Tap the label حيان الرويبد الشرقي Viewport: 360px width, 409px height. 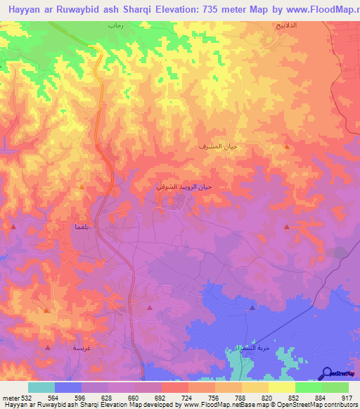click(183, 188)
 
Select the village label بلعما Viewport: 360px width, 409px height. click(79, 227)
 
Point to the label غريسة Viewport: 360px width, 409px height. click(82, 348)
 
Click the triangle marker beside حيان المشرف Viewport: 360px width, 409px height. click(286, 146)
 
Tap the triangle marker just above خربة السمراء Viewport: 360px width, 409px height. click(252, 308)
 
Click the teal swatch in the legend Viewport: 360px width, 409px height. click(41, 387)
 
